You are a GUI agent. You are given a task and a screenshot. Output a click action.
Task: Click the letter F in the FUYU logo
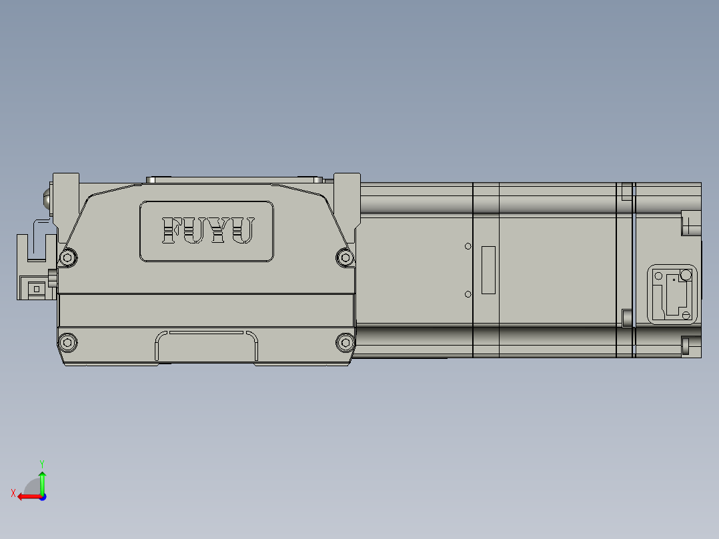click(x=172, y=231)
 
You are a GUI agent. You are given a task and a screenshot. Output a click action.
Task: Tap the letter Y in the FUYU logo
click(x=221, y=231)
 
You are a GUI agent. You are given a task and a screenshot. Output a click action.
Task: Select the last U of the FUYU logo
click(x=244, y=231)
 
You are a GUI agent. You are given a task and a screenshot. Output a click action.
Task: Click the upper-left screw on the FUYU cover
click(x=67, y=257)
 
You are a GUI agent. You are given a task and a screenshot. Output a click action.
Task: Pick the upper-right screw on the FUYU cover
click(x=344, y=256)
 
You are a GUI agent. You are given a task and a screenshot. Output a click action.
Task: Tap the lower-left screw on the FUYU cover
click(x=67, y=342)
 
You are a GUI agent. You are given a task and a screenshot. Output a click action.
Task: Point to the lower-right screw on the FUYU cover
click(x=344, y=342)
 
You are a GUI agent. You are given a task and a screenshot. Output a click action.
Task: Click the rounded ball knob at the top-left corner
click(x=47, y=199)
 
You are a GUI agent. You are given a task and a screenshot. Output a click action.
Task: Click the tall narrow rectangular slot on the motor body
click(x=489, y=270)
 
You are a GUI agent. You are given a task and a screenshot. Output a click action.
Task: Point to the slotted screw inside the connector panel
click(x=685, y=275)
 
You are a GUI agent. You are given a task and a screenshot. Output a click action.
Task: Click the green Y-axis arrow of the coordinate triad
click(x=42, y=482)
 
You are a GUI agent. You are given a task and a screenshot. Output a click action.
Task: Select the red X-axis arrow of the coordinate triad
click(x=27, y=496)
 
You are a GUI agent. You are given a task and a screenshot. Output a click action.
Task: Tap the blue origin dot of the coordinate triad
click(x=43, y=496)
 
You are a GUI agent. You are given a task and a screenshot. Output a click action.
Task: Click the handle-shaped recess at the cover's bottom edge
click(x=207, y=346)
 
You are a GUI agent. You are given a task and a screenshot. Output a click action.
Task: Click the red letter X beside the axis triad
click(x=13, y=494)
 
